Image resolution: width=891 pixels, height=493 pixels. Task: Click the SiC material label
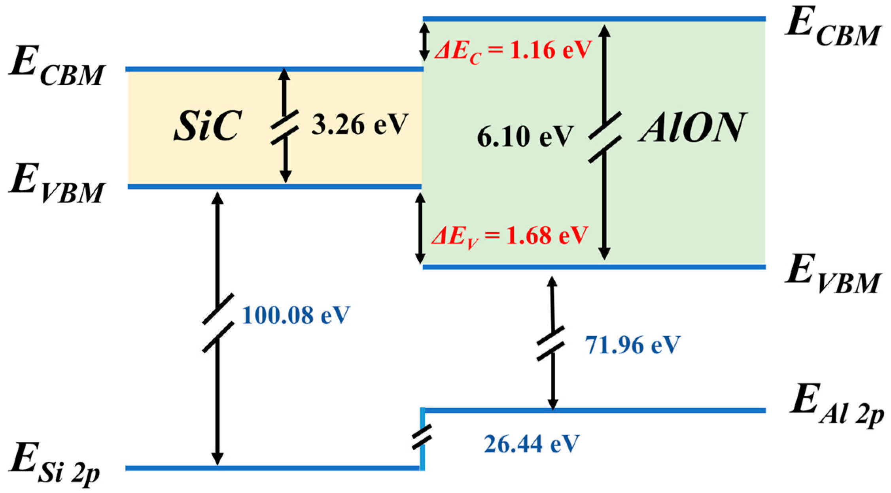pyautogui.click(x=207, y=126)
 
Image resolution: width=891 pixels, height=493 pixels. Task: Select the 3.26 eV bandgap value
pyautogui.click(x=359, y=125)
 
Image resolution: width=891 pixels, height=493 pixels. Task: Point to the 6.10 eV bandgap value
pyautogui.click(x=525, y=137)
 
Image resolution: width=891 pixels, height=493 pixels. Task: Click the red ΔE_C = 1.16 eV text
pyautogui.click(x=513, y=51)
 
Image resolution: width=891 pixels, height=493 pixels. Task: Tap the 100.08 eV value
pyautogui.click(x=296, y=315)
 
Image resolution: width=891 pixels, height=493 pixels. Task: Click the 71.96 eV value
pyautogui.click(x=632, y=345)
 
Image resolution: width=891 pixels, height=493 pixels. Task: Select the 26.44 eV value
pyautogui.click(x=532, y=444)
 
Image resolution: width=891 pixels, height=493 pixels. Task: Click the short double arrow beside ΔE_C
pyautogui.click(x=424, y=42)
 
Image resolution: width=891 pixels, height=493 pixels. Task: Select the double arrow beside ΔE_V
pyautogui.click(x=420, y=228)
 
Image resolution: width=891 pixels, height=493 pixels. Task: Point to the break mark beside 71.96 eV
pyautogui.click(x=550, y=343)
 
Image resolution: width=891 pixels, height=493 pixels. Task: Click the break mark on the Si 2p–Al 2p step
pyautogui.click(x=422, y=437)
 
